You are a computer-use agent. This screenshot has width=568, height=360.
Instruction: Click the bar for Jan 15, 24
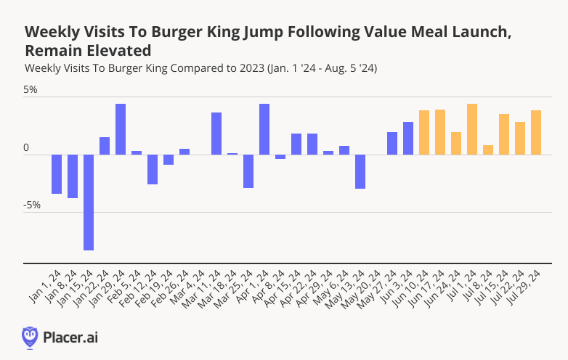pyautogui.click(x=89, y=202)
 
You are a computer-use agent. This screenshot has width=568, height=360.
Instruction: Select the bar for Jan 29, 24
pyautogui.click(x=121, y=129)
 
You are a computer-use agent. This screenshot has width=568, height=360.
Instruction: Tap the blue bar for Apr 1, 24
pyautogui.click(x=264, y=129)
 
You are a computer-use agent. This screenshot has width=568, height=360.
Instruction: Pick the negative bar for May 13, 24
pyautogui.click(x=360, y=171)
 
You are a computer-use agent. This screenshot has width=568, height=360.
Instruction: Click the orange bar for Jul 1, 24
pyautogui.click(x=472, y=129)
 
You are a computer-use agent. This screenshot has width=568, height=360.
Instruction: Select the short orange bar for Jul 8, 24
pyautogui.click(x=488, y=150)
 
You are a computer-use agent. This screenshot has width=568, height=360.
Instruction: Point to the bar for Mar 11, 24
pyautogui.click(x=216, y=134)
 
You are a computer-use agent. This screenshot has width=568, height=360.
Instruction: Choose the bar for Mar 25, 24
pyautogui.click(x=248, y=171)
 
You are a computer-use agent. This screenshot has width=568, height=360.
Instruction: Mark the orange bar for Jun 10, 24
pyautogui.click(x=424, y=132)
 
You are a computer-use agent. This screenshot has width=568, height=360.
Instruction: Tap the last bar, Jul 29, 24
pyautogui.click(x=536, y=132)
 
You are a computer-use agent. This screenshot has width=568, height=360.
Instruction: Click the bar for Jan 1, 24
pyautogui.click(x=57, y=174)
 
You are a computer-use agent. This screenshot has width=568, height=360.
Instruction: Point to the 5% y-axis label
pyautogui.click(x=30, y=91)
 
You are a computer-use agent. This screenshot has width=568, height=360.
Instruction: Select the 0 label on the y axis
pyautogui.click(x=26, y=148)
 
